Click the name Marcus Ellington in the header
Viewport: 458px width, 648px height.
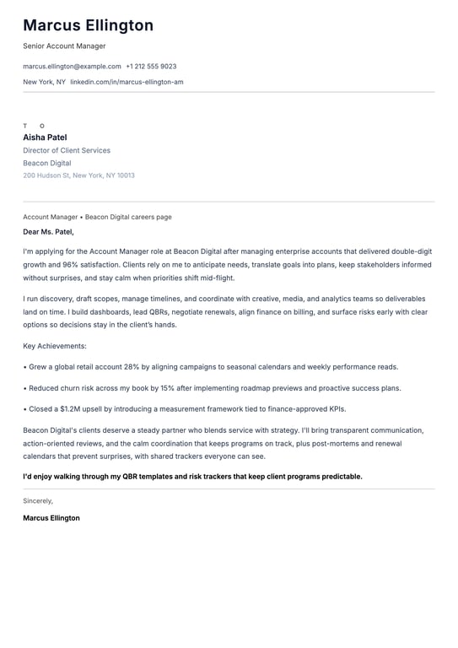(88, 26)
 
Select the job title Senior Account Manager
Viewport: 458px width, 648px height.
(64, 46)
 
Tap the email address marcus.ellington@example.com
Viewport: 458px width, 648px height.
(72, 66)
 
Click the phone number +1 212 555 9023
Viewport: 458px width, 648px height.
(151, 66)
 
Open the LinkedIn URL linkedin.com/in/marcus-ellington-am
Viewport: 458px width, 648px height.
(127, 82)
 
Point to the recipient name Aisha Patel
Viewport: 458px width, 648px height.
(45, 138)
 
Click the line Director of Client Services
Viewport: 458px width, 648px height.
(67, 150)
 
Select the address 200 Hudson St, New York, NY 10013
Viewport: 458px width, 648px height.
(78, 175)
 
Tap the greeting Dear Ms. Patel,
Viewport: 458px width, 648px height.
(48, 231)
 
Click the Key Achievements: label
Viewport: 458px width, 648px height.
(55, 346)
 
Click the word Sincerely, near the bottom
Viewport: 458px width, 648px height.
(38, 500)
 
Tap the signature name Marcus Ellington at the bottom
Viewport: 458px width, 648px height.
(51, 518)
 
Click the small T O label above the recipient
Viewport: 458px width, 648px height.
(34, 126)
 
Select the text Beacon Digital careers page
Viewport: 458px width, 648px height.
(128, 217)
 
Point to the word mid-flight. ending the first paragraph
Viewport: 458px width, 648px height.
(217, 278)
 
